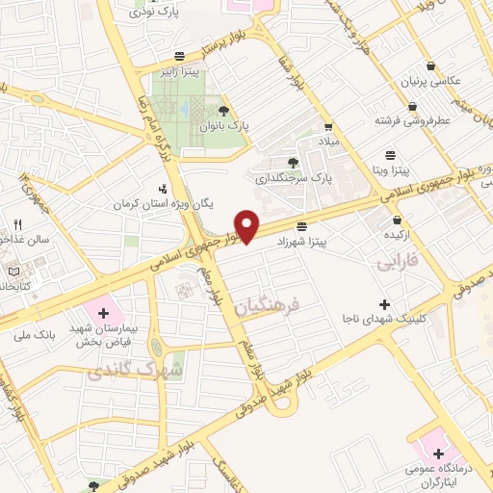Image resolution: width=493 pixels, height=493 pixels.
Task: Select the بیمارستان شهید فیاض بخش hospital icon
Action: click(x=103, y=313)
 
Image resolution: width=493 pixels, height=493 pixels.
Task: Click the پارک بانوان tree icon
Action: click(x=224, y=111)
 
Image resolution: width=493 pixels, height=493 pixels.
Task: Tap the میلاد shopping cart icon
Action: click(x=328, y=126)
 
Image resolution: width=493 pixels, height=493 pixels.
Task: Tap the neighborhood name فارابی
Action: click(x=398, y=260)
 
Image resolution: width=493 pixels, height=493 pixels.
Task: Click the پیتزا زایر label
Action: click(x=178, y=70)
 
